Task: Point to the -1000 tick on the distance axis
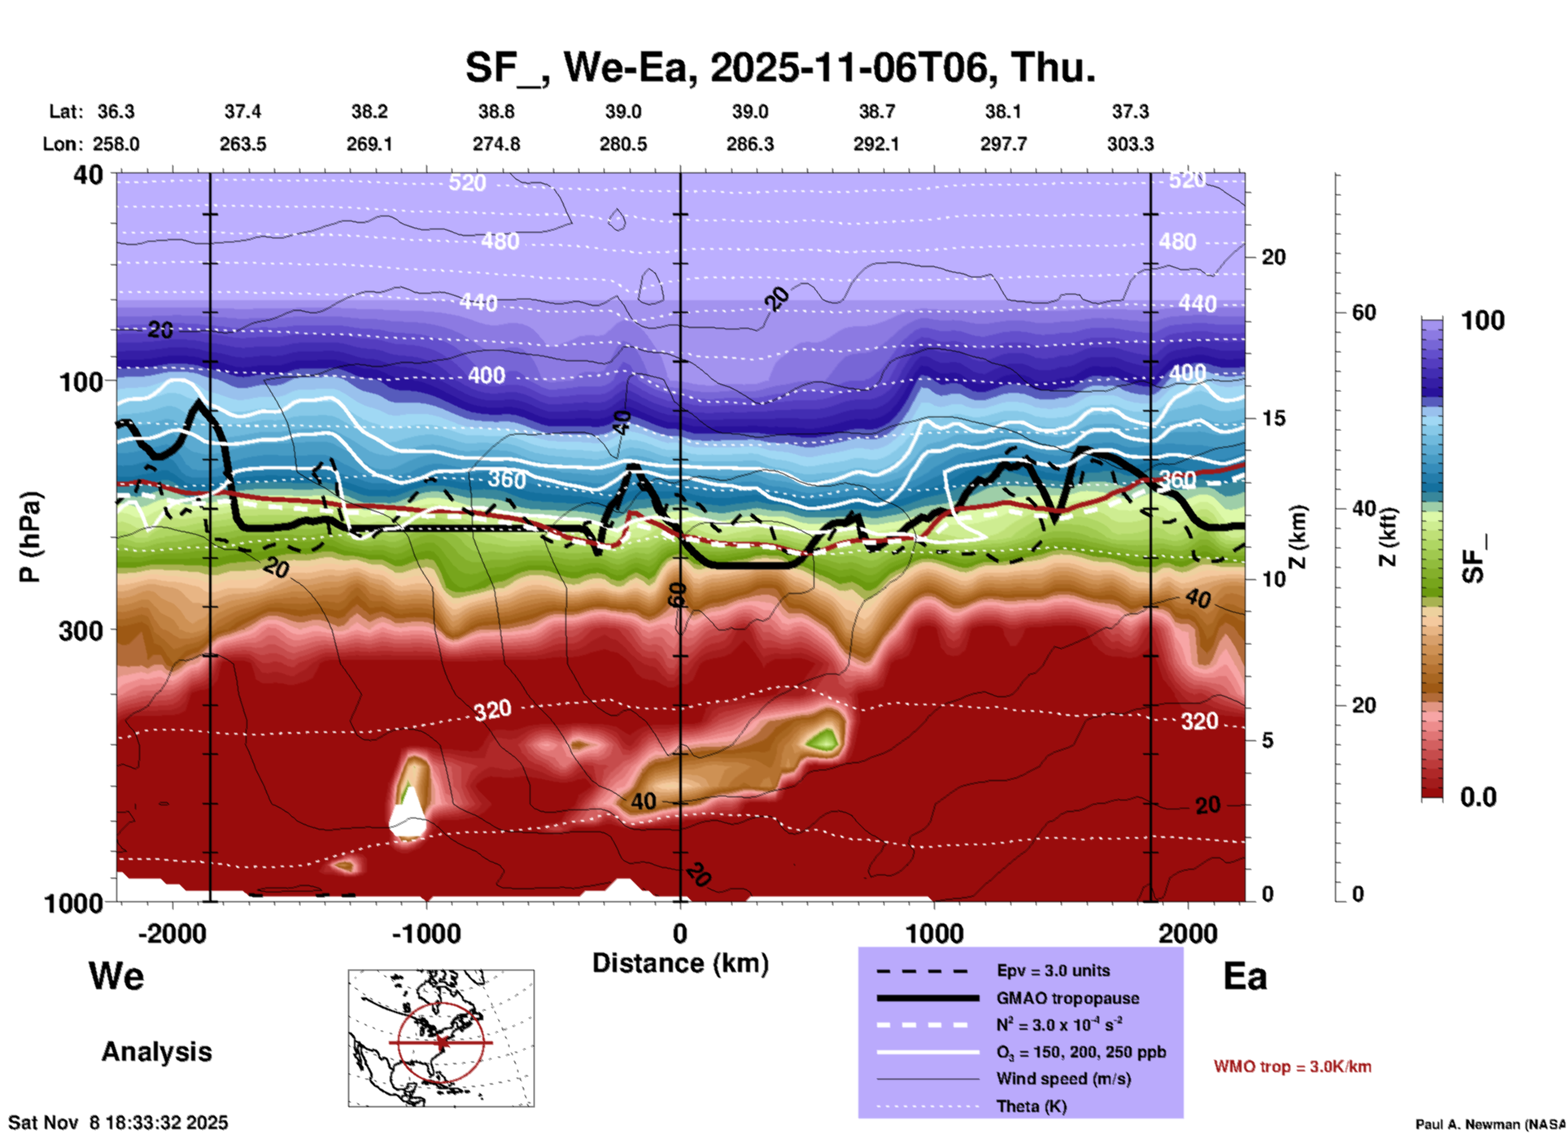point(426,933)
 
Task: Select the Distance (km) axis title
point(680,963)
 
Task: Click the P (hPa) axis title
point(30,537)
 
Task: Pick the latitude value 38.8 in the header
point(496,111)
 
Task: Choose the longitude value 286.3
point(749,144)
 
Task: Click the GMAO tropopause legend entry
point(1067,998)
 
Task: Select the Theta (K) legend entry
point(1031,1106)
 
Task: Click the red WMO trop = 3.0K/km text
point(1292,1066)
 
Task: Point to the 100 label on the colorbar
point(1482,321)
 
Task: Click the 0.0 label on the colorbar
point(1478,797)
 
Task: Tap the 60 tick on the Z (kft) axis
point(1364,312)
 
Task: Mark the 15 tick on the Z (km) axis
point(1273,418)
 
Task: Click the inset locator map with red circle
point(441,1038)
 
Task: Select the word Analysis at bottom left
point(156,1052)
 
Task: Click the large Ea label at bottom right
point(1245,977)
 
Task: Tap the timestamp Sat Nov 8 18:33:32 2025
point(118,1123)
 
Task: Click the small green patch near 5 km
point(825,739)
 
